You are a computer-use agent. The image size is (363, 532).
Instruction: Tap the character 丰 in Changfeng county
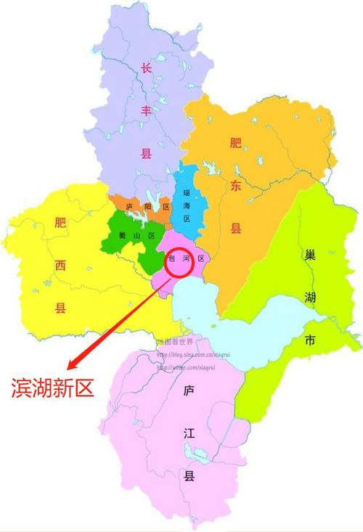[x=145, y=111]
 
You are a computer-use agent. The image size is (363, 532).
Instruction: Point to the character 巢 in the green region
[x=309, y=256]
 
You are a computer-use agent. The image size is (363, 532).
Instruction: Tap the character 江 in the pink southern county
[x=189, y=433]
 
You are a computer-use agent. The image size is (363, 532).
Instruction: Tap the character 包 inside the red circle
[x=172, y=258]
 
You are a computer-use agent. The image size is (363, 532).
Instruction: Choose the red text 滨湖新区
[x=52, y=388]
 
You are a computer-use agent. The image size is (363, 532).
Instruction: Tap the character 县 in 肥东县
[x=235, y=229]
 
